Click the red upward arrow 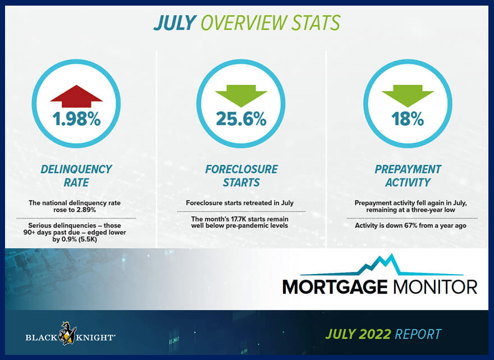pyautogui.click(x=76, y=97)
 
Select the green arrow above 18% pyautogui.click(x=408, y=96)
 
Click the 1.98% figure pyautogui.click(x=76, y=119)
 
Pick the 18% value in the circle pyautogui.click(x=408, y=119)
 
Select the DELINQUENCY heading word pyautogui.click(x=76, y=169)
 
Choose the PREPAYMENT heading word pyautogui.click(x=408, y=169)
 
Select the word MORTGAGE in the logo pyautogui.click(x=335, y=286)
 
